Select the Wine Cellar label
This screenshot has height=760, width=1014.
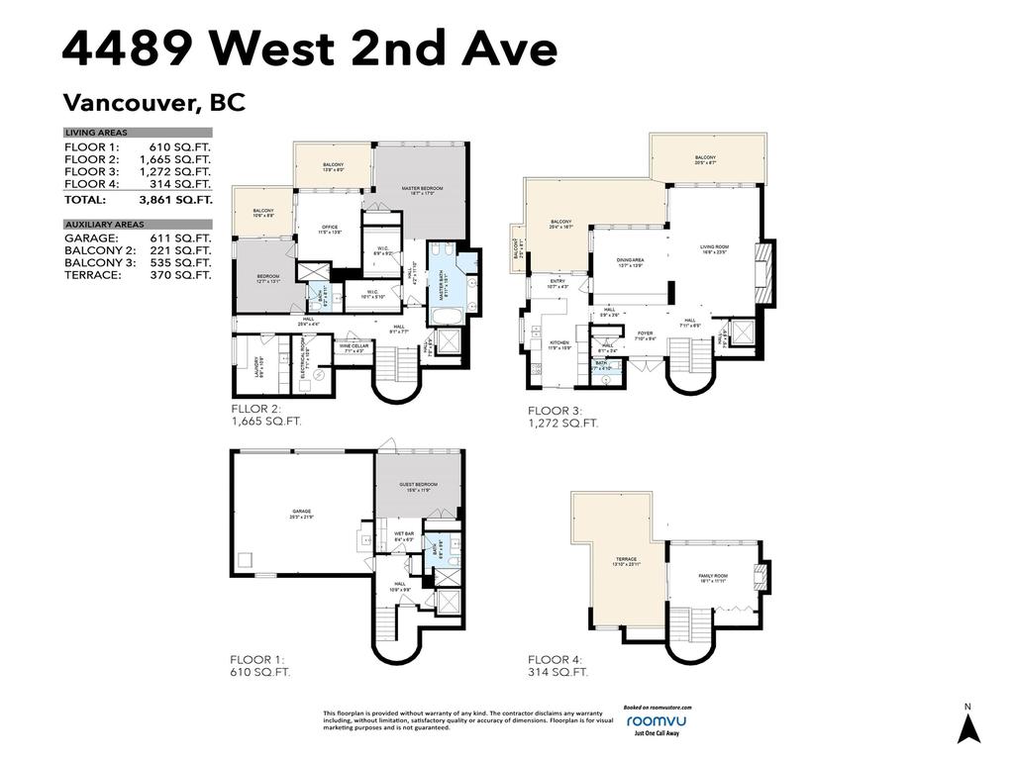click(354, 347)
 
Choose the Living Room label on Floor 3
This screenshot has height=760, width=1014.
click(714, 249)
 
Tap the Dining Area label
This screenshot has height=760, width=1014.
click(630, 262)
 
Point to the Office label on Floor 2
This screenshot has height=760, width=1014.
click(330, 230)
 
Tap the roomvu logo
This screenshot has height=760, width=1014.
click(657, 721)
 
